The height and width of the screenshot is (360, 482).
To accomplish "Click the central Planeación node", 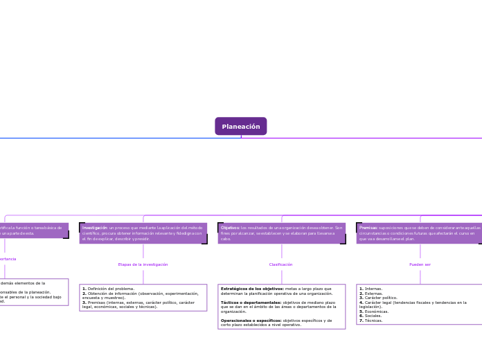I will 241,127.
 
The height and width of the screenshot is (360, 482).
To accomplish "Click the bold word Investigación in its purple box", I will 95,228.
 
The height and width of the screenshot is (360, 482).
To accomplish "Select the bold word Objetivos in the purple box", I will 230,228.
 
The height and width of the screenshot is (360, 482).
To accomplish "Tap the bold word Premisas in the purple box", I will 368,228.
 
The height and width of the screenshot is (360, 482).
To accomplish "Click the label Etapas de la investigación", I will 143,264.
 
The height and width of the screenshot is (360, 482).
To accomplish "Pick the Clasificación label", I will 280,264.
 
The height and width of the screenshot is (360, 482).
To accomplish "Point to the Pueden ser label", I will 420,264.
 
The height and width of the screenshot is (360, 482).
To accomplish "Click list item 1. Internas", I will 371,289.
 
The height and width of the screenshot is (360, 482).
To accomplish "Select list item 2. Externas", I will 371,294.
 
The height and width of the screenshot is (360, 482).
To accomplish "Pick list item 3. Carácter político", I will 378,298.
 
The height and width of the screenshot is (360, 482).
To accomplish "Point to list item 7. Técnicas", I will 371,321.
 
